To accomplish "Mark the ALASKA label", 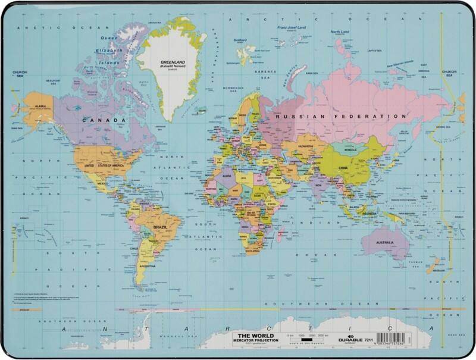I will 41,105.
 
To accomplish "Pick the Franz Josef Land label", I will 289,27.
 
